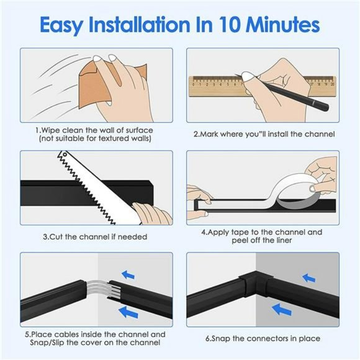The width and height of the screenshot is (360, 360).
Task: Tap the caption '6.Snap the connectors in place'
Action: pos(263,338)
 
